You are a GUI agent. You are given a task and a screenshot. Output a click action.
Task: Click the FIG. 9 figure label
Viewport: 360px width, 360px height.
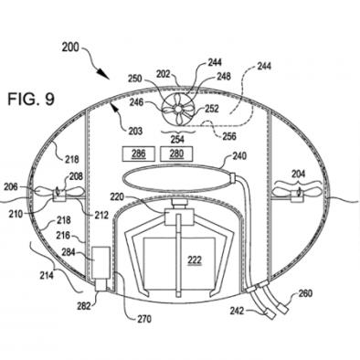coord(31,99)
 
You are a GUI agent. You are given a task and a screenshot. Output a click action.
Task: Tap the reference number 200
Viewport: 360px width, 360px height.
coord(70,48)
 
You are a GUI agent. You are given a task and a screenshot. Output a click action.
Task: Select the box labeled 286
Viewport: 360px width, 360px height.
coord(138,154)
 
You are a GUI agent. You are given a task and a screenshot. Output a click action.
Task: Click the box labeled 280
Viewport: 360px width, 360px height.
coord(176,154)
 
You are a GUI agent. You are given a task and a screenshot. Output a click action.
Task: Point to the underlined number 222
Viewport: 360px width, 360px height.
coord(195,260)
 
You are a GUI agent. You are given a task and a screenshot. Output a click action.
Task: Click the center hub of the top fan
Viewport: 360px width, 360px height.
coord(177,109)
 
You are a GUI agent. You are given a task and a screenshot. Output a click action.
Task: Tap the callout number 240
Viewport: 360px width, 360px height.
coord(240,156)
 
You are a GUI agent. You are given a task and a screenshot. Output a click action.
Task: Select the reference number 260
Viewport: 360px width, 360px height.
coord(305,293)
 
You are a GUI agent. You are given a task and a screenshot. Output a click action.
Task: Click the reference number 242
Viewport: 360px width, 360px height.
coord(237,311)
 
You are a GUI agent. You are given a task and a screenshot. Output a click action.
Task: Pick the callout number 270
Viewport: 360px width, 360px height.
coord(143,319)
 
